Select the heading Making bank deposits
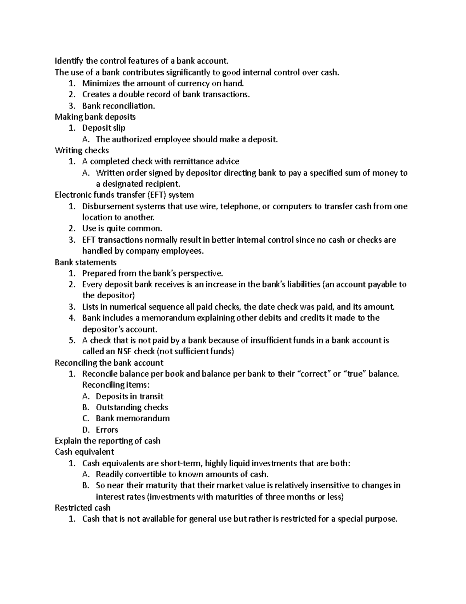click(95, 117)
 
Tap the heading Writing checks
click(82, 150)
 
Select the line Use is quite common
click(122, 228)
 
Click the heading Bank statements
click(85, 262)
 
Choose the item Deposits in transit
click(129, 396)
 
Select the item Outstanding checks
click(132, 408)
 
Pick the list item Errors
click(107, 430)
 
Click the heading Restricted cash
click(83, 508)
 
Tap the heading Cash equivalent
click(84, 452)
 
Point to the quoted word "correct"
click(313, 374)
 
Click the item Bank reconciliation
click(118, 106)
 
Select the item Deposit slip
click(104, 128)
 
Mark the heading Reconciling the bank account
click(109, 363)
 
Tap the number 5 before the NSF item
click(71, 341)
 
